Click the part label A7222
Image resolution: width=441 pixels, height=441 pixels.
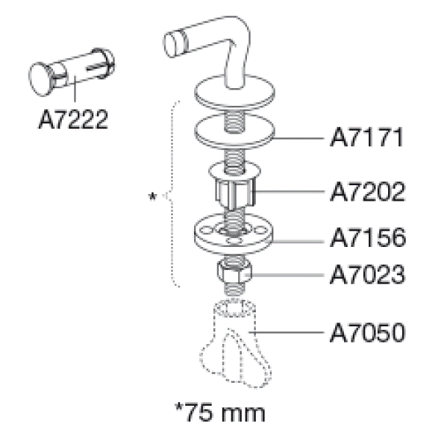pos(73,119)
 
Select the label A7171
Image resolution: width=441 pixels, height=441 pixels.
pos(367,137)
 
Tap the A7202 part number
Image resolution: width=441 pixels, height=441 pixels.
pos(367,192)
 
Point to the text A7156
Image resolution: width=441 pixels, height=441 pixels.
pos(368,237)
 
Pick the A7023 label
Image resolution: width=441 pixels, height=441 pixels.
pos(367,274)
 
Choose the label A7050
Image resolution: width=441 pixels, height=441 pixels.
pos(367,333)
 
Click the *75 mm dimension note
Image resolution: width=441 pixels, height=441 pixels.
pos(220,412)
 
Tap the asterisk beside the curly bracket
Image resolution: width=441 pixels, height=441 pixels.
pos(152,196)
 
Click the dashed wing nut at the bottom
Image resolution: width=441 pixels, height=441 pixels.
pos(235,344)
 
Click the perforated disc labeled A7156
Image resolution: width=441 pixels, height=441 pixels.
pos(233,234)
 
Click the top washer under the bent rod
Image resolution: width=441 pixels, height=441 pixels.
pos(234,92)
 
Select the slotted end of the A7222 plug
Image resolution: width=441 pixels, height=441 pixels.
pos(102,63)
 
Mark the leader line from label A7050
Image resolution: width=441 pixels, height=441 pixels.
pos(287,332)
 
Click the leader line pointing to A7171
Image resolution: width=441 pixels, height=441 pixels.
pos(298,138)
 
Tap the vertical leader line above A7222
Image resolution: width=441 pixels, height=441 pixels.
pos(74,89)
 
